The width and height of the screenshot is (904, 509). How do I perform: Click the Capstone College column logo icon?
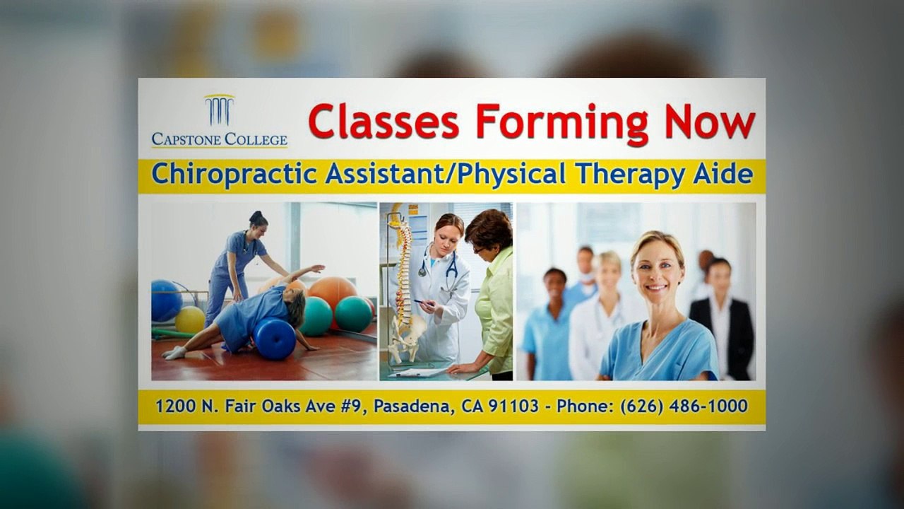tap(219, 110)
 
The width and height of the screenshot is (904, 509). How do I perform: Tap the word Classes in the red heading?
tap(383, 121)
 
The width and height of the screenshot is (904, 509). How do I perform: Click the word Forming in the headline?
tap(561, 122)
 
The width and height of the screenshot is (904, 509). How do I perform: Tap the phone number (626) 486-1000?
tap(684, 406)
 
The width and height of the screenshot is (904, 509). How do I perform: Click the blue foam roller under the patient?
tap(274, 339)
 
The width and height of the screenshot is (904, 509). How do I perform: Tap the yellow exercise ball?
tap(190, 320)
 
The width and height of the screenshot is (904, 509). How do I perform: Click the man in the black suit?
tap(721, 318)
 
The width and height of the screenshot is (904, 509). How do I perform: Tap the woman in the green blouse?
tap(494, 297)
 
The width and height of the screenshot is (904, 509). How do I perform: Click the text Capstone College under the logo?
tap(219, 139)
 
